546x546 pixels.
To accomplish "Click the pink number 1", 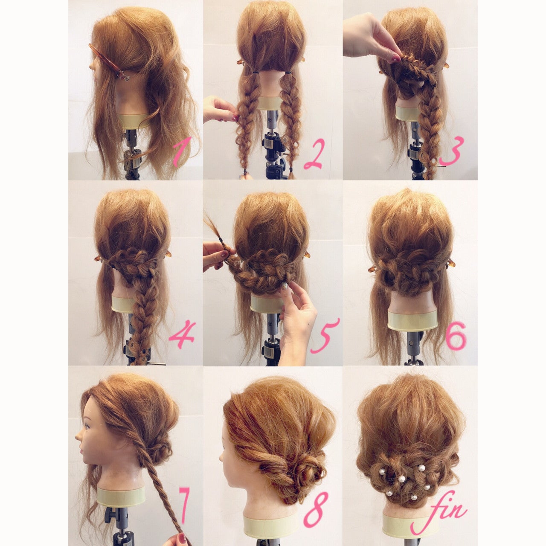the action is pyautogui.click(x=181, y=154).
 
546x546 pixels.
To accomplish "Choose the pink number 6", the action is pyautogui.click(x=456, y=336).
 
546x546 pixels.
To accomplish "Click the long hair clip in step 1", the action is pyautogui.click(x=109, y=63).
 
